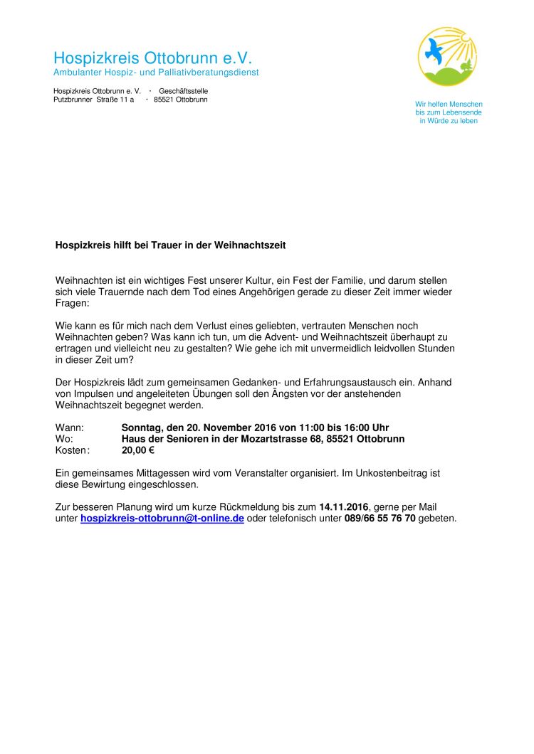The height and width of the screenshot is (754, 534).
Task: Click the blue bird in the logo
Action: [x=434, y=50]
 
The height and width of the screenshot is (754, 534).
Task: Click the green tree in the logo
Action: [x=466, y=66]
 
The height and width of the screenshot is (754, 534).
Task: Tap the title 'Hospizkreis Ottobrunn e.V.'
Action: [x=152, y=58]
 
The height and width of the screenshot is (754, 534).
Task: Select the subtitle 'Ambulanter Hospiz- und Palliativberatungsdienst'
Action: [x=156, y=73]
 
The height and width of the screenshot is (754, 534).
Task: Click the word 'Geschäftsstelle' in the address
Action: [x=184, y=91]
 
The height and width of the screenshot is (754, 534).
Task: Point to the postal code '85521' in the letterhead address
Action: [x=164, y=100]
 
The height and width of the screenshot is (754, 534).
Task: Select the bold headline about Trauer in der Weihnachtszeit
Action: [x=170, y=245]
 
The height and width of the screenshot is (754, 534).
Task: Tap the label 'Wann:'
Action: [x=69, y=428]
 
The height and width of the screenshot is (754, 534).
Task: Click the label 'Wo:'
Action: [x=64, y=439]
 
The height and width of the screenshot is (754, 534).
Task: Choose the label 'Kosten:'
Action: [x=73, y=450]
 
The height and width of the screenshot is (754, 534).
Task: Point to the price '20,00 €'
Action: [x=138, y=450]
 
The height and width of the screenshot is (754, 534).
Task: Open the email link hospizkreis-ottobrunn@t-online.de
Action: [x=162, y=519]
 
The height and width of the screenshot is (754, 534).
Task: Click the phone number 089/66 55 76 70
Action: [x=379, y=519]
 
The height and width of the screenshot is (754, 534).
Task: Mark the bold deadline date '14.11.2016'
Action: [x=344, y=507]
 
